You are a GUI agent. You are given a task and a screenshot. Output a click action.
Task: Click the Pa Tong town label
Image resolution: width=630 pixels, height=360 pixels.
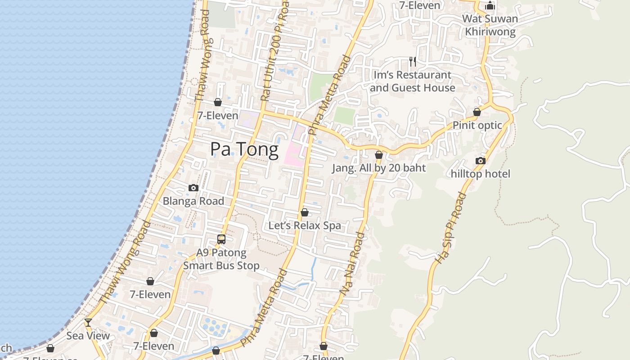tap(244, 149)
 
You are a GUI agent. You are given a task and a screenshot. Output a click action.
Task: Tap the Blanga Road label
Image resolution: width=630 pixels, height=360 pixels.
tap(193, 201)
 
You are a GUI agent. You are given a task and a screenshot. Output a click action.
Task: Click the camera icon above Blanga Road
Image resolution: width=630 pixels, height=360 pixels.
tap(193, 188)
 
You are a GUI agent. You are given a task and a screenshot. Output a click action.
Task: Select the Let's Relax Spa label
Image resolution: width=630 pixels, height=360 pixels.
tap(305, 225)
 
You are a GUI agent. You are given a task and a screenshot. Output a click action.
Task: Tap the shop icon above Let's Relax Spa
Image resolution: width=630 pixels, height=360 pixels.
tap(305, 212)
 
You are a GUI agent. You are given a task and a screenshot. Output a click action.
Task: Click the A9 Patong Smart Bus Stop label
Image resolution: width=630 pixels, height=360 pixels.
tap(221, 259)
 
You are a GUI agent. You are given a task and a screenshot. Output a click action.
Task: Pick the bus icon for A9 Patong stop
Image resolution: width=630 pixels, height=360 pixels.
tap(221, 239)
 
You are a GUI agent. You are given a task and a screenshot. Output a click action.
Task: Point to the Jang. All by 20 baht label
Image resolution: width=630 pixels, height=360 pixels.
tap(379, 168)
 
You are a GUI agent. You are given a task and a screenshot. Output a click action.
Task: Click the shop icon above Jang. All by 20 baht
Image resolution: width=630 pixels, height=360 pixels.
tap(379, 155)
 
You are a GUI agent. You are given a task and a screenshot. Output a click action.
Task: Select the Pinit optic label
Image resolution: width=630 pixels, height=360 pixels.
tap(477, 125)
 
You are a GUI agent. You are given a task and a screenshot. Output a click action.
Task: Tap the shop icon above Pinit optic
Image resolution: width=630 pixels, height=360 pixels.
tap(477, 112)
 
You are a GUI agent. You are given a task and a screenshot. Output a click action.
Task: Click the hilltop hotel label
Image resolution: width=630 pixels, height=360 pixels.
tap(481, 174)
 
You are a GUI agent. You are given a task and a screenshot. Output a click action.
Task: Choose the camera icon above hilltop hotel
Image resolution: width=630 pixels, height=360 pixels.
tap(481, 161)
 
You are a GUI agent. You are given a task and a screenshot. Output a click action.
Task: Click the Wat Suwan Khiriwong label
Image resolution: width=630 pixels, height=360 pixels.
tap(490, 25)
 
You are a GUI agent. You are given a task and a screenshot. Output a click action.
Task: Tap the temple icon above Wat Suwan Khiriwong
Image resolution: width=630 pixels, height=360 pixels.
tap(490, 6)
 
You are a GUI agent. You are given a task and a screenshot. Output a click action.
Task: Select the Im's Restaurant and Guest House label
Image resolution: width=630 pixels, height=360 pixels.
tap(413, 81)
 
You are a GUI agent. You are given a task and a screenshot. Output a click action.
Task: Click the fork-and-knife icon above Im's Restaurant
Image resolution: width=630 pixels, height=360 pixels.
tap(413, 61)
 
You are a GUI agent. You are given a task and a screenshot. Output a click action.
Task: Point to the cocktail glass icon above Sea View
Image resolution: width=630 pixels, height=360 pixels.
tap(88, 322)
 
